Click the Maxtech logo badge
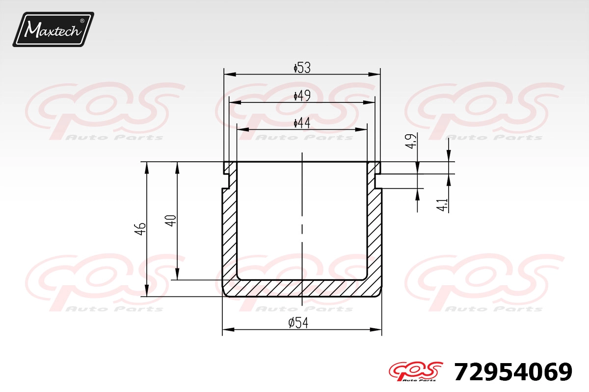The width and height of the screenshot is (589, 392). pos(54,29)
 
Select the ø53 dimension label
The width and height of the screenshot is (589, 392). pos(302,68)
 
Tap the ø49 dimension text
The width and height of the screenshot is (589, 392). pos(302,96)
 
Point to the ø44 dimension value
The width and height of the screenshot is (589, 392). pos(302,123)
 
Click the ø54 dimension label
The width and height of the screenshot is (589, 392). pos(298,323)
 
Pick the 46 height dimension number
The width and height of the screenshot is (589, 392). pos(140,229)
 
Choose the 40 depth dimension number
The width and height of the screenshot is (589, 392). pos(170,220)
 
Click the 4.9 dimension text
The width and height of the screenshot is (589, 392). pos(411,142)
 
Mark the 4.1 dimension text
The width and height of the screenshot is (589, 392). pos(442,205)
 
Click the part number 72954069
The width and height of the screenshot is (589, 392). pos(513,372)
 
